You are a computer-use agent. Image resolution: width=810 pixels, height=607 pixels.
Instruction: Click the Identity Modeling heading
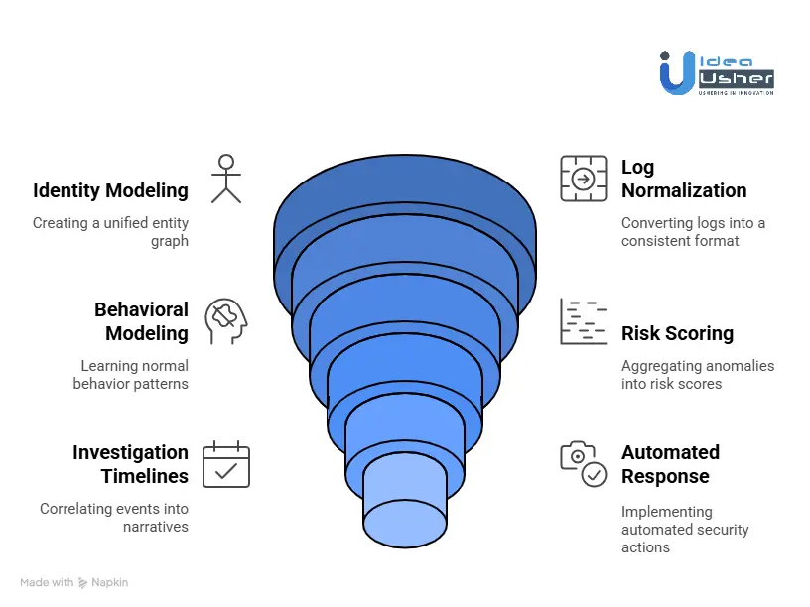pyautogui.click(x=110, y=190)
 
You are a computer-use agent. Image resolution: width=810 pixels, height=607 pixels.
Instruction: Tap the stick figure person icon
pyautogui.click(x=226, y=179)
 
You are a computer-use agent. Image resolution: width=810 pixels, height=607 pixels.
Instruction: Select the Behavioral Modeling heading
pyautogui.click(x=141, y=321)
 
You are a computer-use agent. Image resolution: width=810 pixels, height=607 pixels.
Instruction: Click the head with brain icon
pyautogui.click(x=225, y=321)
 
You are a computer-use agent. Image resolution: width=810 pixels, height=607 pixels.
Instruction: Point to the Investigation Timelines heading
pyautogui.click(x=130, y=464)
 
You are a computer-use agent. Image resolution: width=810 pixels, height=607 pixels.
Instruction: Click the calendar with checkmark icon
pyautogui.click(x=226, y=464)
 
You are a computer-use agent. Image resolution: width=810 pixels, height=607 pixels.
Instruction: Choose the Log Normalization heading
pyautogui.click(x=684, y=179)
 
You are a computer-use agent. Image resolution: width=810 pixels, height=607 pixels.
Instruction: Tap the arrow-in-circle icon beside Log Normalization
pyautogui.click(x=583, y=179)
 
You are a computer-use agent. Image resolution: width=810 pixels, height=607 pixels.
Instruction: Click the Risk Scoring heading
pyautogui.click(x=677, y=333)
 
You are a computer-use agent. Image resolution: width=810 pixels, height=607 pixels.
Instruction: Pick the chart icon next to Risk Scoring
pyautogui.click(x=583, y=321)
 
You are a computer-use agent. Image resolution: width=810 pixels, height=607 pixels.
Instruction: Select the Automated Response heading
pyautogui.click(x=670, y=464)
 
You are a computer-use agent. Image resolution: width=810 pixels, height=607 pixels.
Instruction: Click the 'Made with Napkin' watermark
pyautogui.click(x=74, y=582)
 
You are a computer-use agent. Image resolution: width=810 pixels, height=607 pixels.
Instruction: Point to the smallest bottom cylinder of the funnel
pyautogui.click(x=404, y=501)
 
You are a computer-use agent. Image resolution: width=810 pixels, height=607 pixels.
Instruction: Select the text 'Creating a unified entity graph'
pyautogui.click(x=110, y=231)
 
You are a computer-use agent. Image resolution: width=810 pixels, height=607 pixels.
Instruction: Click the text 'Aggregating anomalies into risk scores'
pyautogui.click(x=698, y=374)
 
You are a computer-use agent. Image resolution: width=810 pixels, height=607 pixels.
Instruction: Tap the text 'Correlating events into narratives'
pyautogui.click(x=114, y=517)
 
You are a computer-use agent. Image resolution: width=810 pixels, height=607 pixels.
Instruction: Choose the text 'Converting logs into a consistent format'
pyautogui.click(x=693, y=231)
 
